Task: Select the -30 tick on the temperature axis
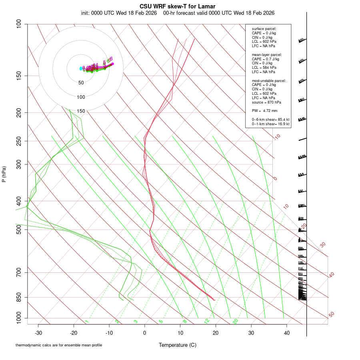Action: click(38, 333)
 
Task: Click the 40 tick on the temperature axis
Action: click(286, 333)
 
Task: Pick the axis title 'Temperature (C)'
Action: click(178, 345)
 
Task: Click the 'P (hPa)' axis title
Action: click(4, 174)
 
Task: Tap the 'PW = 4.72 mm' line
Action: click(262, 110)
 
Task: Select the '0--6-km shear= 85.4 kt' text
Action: click(270, 119)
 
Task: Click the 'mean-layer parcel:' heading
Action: click(267, 54)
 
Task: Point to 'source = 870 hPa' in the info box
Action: click(264, 102)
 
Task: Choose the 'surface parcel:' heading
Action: click(264, 29)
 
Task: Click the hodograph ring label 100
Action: click(81, 97)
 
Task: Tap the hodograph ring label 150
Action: click(81, 111)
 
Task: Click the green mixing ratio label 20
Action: click(235, 321)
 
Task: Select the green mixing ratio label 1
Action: click(87, 322)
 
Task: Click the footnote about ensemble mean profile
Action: click(59, 345)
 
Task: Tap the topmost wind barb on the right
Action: click(302, 40)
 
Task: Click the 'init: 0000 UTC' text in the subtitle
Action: click(103, 13)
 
